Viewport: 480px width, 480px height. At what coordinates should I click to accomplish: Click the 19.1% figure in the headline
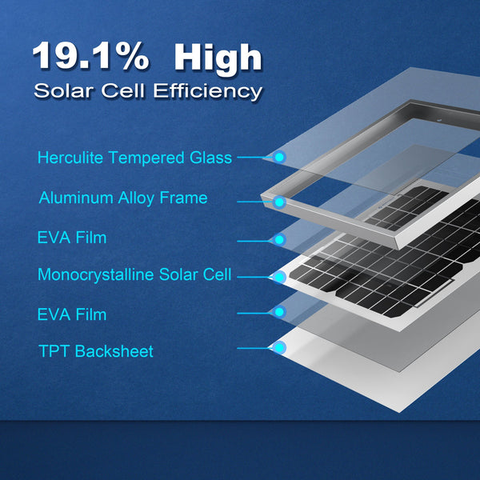[90, 58]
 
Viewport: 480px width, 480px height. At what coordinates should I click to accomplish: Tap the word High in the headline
[218, 58]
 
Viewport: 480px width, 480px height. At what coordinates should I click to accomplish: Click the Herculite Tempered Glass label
[134, 158]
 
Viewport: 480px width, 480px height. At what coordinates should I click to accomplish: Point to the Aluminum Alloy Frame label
[122, 198]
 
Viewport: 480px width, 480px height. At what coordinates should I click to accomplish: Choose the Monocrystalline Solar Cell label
[134, 275]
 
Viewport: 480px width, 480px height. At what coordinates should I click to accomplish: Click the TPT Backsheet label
[95, 351]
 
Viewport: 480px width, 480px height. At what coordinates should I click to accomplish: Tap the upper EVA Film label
[71, 238]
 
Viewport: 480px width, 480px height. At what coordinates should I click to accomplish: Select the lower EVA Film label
[71, 314]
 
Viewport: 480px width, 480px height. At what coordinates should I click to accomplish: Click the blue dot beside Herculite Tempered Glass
[279, 157]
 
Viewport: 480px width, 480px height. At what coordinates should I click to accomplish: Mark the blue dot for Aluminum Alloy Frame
[279, 202]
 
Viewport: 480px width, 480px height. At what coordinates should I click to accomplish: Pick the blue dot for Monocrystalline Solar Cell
[279, 277]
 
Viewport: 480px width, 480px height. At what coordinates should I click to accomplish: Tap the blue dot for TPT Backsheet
[279, 348]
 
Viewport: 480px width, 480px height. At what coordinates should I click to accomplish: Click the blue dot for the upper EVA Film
[279, 239]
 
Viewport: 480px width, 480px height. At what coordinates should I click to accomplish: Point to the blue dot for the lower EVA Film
[279, 311]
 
